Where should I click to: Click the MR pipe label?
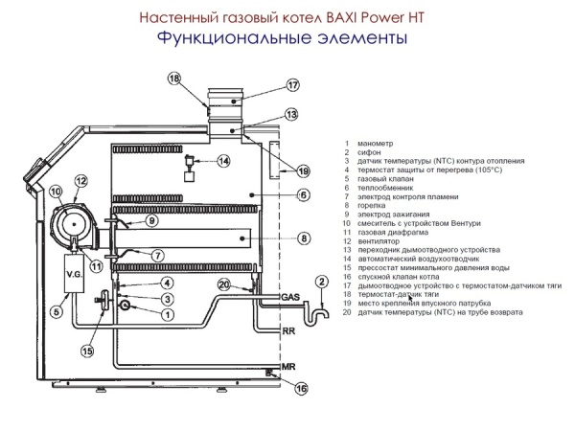tap(287, 368)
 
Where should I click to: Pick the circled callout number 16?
tap(302, 389)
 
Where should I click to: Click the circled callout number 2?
tap(322, 281)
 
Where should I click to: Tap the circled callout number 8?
tap(302, 238)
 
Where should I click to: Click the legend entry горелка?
tap(370, 205)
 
